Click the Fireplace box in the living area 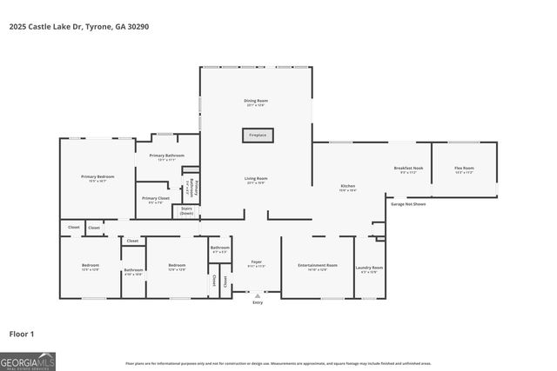pyautogui.click(x=257, y=136)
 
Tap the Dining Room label pyautogui.click(x=256, y=103)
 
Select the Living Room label pyautogui.click(x=256, y=180)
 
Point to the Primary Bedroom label pyautogui.click(x=97, y=178)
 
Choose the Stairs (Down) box pyautogui.click(x=186, y=210)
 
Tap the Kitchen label pyautogui.click(x=347, y=188)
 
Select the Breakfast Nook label pyautogui.click(x=408, y=169)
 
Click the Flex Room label pyautogui.click(x=464, y=169)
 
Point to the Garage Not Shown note pyautogui.click(x=407, y=203)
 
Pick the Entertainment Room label pyautogui.click(x=317, y=267)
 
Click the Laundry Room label pyautogui.click(x=371, y=268)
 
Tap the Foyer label pyautogui.click(x=257, y=263)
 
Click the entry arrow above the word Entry pyautogui.click(x=257, y=296)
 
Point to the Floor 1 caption pyautogui.click(x=21, y=333)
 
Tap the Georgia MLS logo pyautogui.click(x=27, y=360)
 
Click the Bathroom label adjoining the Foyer pyautogui.click(x=219, y=249)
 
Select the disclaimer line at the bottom pyautogui.click(x=290, y=363)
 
